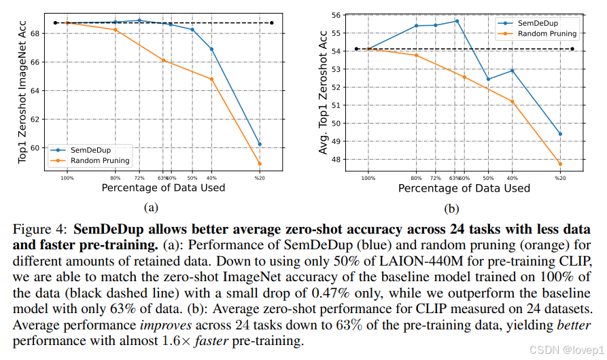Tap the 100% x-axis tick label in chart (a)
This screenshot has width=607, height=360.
pos(67,177)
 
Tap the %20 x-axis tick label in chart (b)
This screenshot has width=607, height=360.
pos(560,178)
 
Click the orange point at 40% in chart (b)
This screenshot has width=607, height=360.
pos(512,102)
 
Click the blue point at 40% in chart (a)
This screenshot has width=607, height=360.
pos(211,49)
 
